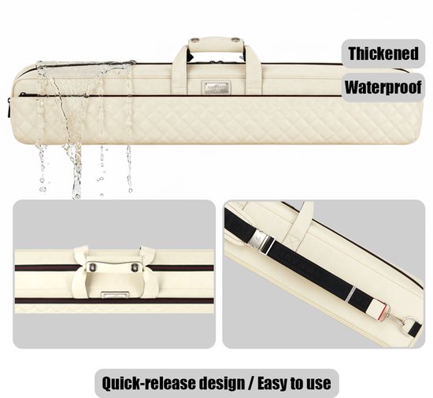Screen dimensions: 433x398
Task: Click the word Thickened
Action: (x=383, y=53)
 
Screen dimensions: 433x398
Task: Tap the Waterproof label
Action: (x=383, y=87)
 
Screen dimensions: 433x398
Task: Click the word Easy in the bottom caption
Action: (x=272, y=383)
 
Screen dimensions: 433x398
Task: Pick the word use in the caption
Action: (x=320, y=384)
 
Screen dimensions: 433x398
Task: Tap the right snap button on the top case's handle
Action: (x=235, y=40)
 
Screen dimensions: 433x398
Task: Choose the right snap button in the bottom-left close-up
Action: (x=135, y=267)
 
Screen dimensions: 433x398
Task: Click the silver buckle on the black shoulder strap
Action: (x=261, y=241)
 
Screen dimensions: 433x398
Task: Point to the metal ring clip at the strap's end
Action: (x=405, y=322)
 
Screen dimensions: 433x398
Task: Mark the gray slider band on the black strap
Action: (x=350, y=294)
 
